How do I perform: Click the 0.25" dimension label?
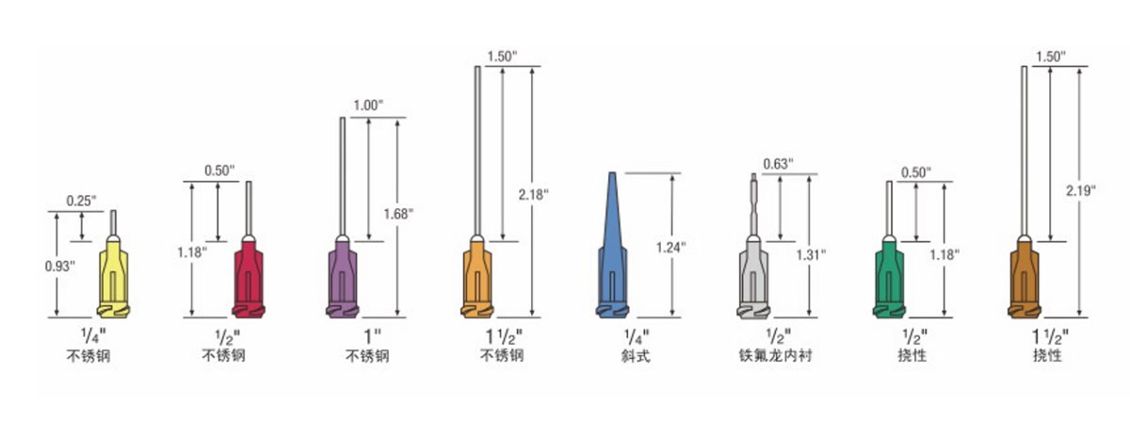tap(81, 201)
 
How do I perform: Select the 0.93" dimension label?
tap(59, 266)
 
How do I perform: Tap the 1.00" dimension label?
tap(368, 105)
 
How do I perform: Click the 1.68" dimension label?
tap(398, 214)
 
